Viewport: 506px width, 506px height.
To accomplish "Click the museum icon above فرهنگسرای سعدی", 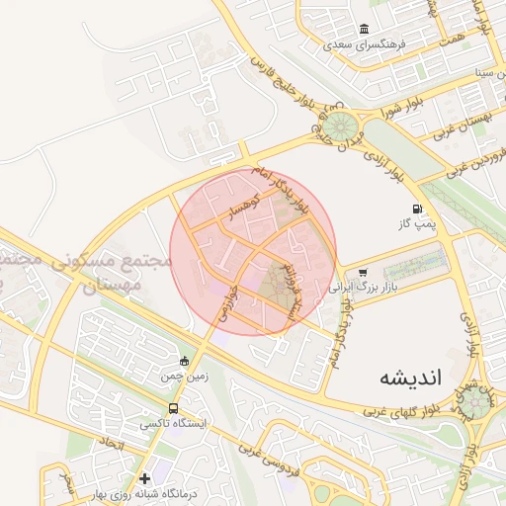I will (366, 29).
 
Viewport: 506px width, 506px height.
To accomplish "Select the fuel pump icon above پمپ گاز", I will (417, 210).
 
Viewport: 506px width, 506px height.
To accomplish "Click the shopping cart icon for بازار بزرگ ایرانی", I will (365, 272).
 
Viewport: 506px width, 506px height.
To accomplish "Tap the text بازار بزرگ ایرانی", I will (366, 288).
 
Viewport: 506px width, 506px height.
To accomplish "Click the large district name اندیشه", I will (408, 379).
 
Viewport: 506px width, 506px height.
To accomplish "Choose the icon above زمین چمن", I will (184, 360).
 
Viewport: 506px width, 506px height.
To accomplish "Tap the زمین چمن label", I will (183, 377).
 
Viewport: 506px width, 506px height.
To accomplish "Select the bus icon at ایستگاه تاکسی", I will (174, 407).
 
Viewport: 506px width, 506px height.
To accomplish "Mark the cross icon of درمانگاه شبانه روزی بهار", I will (144, 478).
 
